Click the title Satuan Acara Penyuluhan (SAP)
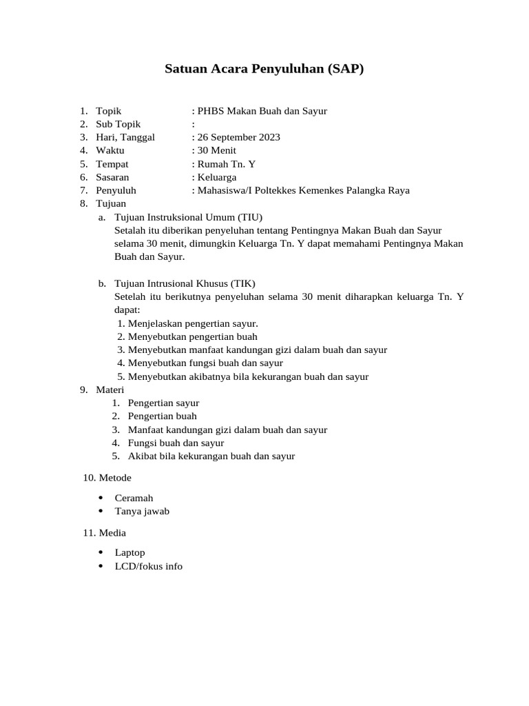264,69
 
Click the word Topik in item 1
108,110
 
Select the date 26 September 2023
238,137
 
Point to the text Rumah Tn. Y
226,164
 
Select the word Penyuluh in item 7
116,190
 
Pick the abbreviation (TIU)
250,217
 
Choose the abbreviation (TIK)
242,283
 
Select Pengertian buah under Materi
162,416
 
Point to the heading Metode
115,477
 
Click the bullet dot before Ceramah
101,498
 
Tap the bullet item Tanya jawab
142,511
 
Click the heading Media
112,532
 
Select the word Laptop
129,552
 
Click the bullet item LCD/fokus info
148,566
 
